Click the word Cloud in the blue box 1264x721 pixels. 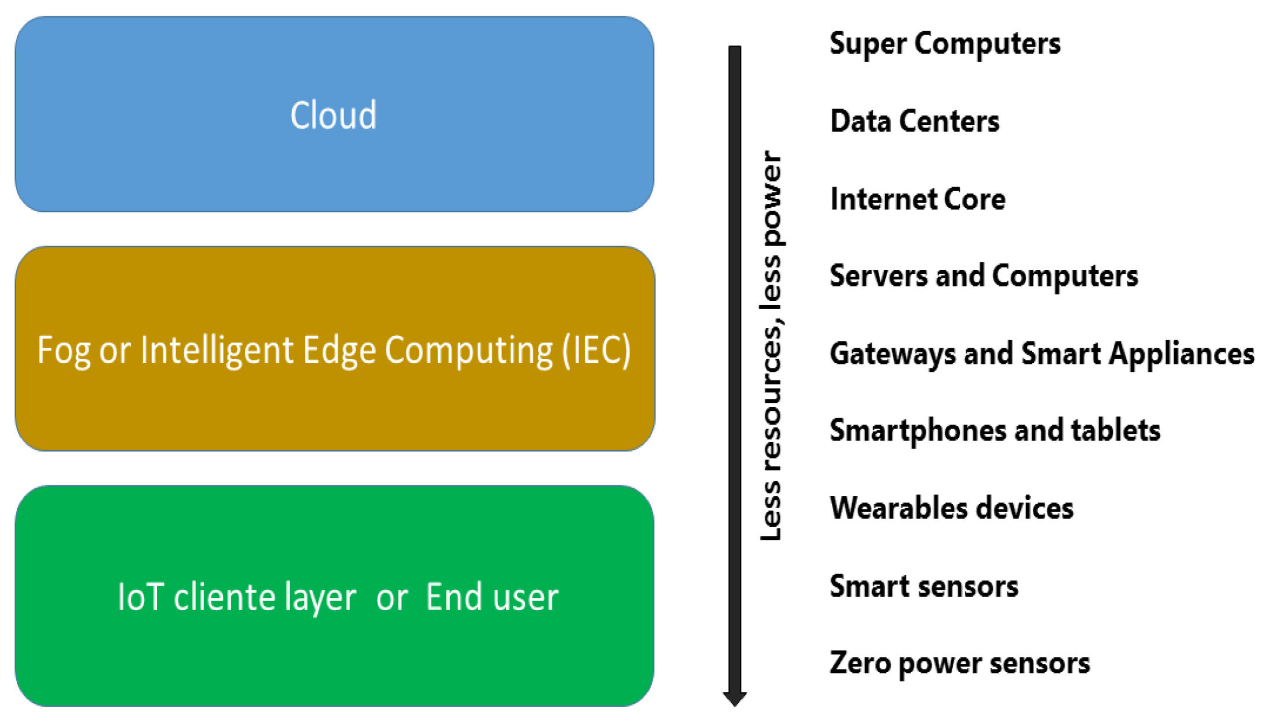click(333, 115)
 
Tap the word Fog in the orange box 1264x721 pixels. click(64, 351)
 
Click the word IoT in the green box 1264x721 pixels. click(139, 597)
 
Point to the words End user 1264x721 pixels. click(492, 597)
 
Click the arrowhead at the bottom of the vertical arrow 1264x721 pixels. click(734, 698)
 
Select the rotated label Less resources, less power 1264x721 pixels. click(771, 345)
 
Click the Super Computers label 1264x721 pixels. click(944, 44)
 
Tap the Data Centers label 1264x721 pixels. click(914, 121)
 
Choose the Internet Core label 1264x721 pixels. click(917, 199)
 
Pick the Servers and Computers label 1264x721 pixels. click(983, 276)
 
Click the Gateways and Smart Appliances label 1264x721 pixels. click(1042, 353)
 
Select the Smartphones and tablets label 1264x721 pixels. click(995, 430)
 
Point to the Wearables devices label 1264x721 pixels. click(951, 508)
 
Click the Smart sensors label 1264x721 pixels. click(923, 586)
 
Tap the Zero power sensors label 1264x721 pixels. click(960, 663)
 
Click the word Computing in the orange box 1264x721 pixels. click(468, 351)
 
